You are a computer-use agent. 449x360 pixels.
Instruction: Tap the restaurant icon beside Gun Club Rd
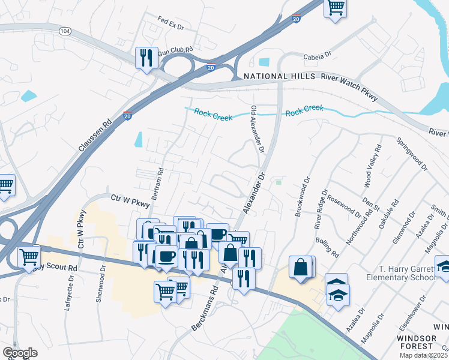[146, 58]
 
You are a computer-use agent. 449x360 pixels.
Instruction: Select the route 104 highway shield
[64, 30]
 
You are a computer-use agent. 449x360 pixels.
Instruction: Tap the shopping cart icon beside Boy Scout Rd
[29, 257]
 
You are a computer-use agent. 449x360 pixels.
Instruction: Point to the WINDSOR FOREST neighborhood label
[424, 341]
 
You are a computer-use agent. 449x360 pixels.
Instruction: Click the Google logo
[20, 353]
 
